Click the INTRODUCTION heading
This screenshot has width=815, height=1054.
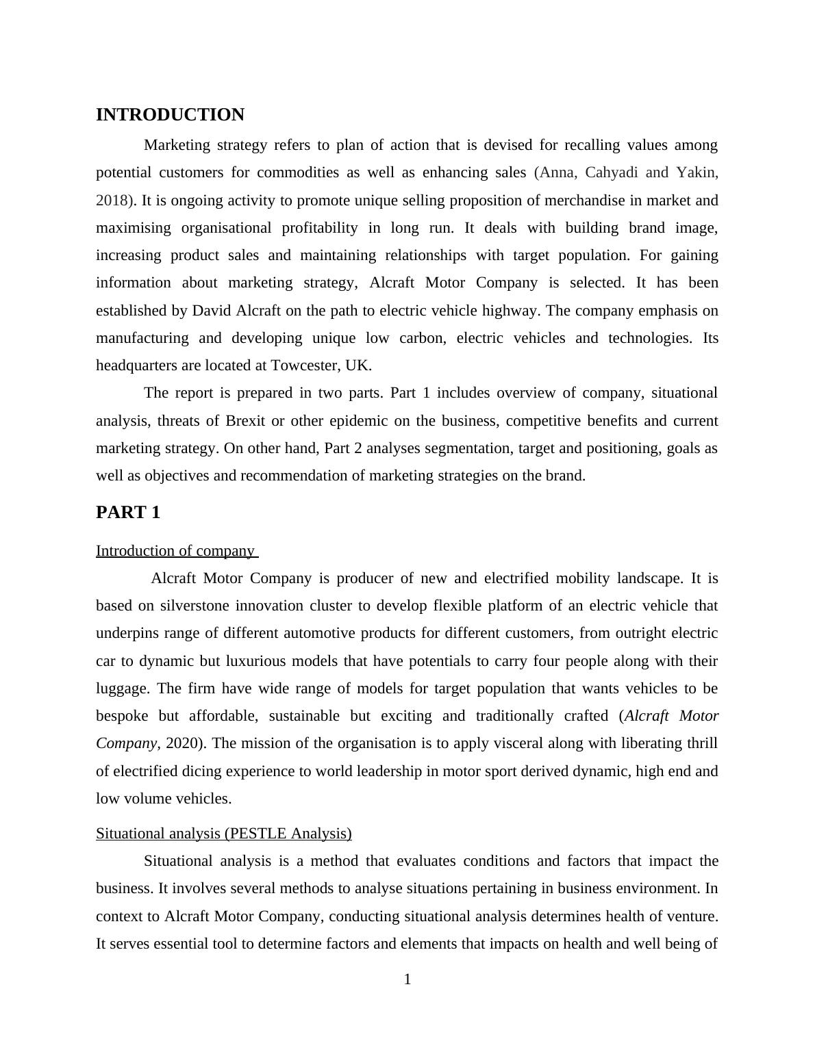170,115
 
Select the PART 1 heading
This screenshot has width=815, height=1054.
128,513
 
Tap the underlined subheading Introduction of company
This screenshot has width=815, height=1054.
175,551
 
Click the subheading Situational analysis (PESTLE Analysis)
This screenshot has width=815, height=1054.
223,834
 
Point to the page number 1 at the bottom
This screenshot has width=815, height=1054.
407,980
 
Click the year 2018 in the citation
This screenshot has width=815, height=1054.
112,201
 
